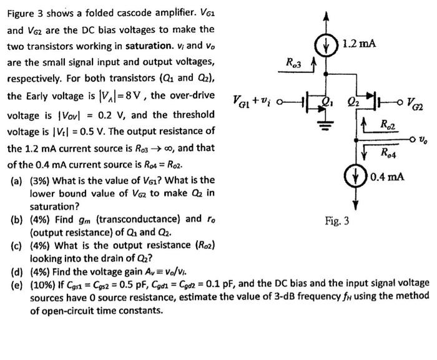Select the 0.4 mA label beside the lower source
coord(387,176)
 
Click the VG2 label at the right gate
coord(417,102)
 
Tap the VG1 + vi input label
coord(254,100)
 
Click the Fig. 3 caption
coord(337,221)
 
